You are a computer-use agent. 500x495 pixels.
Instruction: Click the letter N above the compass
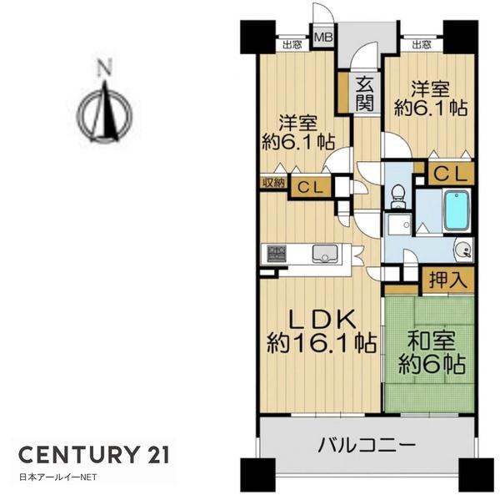103,69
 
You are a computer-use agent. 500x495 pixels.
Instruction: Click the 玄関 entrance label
364,93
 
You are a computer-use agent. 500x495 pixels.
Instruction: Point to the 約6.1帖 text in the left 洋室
296,141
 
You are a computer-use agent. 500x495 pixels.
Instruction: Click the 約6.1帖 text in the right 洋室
431,107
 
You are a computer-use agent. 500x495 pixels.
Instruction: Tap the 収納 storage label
273,183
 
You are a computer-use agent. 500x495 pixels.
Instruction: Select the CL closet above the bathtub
451,174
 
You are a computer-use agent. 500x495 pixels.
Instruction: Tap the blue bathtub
456,212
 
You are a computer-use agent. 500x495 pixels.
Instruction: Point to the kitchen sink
325,253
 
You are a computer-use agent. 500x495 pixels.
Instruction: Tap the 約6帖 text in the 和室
431,364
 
